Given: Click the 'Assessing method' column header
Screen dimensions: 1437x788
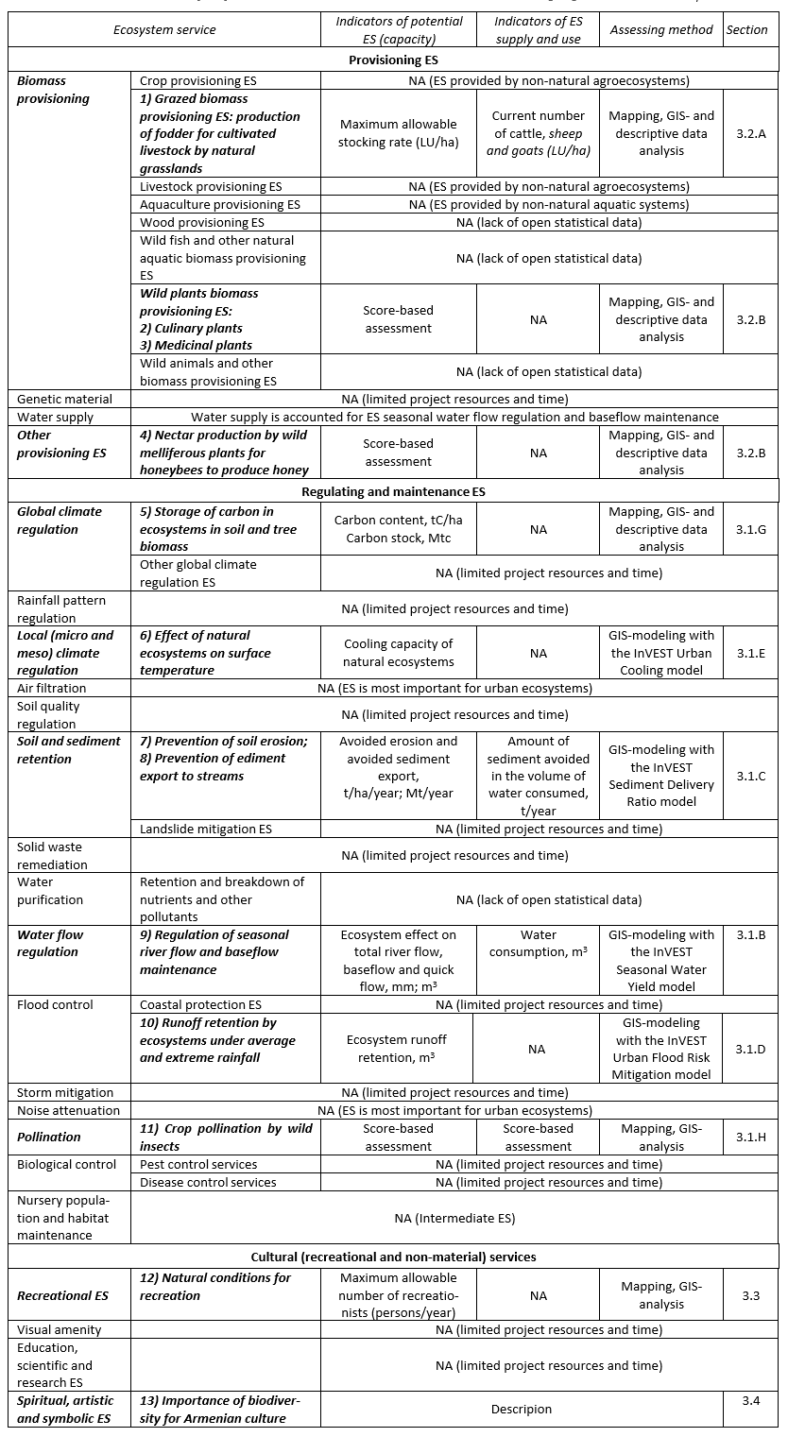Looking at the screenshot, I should coord(661,29).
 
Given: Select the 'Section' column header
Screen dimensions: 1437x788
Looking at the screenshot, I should coord(746,29).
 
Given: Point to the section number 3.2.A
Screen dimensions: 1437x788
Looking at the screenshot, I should coord(750,133).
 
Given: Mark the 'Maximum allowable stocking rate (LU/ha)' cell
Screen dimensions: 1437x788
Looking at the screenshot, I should coord(398,133).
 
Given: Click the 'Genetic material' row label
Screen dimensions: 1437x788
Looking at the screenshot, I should coord(64,399).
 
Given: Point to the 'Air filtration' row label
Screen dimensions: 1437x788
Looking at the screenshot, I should coord(51,688).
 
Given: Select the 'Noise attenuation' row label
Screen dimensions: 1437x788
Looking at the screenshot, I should coord(68,1110).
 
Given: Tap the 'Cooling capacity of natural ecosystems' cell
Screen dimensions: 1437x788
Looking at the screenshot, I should coord(398,653).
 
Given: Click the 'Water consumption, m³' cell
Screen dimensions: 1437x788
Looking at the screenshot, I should coord(538,943).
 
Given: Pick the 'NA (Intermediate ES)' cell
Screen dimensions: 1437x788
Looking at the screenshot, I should coord(454,1218).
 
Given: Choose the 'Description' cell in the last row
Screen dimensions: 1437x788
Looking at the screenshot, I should coord(521,1409).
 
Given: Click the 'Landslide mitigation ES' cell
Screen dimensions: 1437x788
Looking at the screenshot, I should coord(206,829).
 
